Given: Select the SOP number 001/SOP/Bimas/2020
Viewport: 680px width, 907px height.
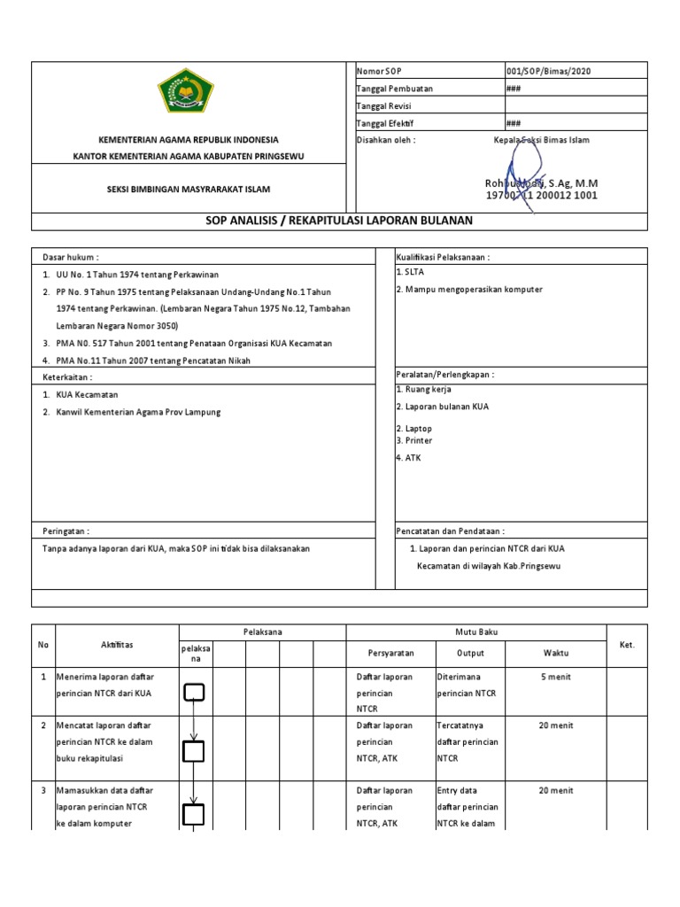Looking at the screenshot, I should (547, 72).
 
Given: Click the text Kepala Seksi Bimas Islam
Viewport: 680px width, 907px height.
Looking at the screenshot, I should (541, 140).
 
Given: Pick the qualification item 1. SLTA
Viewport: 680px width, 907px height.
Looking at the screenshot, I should (410, 273).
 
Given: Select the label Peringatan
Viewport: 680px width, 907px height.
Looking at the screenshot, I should (66, 531).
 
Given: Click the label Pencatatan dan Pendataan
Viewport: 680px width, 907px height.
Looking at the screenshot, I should (450, 531).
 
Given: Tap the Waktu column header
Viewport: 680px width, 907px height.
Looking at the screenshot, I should (556, 653).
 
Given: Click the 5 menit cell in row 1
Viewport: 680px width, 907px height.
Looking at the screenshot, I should (556, 677).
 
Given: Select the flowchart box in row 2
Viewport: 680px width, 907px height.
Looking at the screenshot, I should (194, 751).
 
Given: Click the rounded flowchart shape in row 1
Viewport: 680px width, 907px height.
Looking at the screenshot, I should (194, 692).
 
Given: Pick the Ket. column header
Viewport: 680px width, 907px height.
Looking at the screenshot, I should (628, 645).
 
